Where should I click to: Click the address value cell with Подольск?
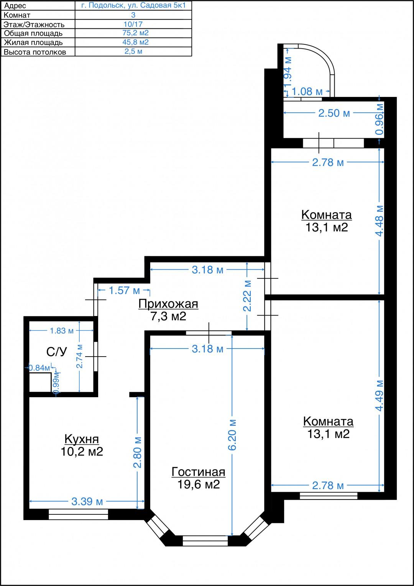point(133,5)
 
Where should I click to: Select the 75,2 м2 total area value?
point(135,33)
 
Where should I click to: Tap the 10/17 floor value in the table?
point(133,24)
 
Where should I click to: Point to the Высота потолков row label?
point(35,52)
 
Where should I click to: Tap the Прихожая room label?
point(168,304)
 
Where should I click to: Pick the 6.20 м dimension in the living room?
point(232,435)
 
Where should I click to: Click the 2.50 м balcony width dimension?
point(334,113)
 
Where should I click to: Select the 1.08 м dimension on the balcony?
point(307,92)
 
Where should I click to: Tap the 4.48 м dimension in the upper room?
point(379,221)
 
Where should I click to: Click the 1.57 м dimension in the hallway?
point(124,290)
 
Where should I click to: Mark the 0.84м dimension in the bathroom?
point(39,368)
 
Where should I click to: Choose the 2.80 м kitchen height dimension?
point(138,452)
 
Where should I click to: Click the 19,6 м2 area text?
point(198,484)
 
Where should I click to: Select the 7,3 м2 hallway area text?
point(168,316)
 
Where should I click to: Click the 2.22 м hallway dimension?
point(247,296)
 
